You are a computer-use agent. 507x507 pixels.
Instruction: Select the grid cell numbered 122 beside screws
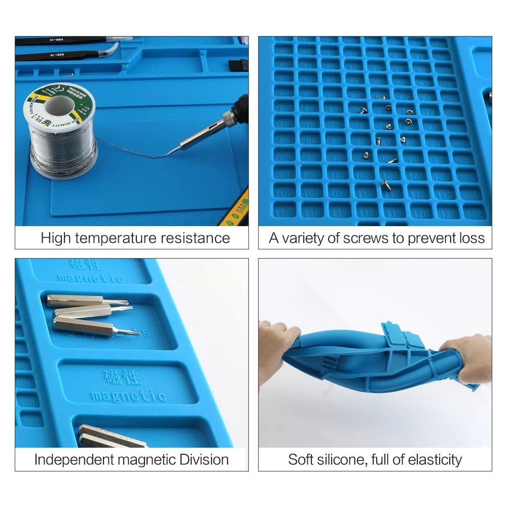[474, 212]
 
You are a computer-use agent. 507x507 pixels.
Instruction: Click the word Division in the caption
[204, 460]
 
